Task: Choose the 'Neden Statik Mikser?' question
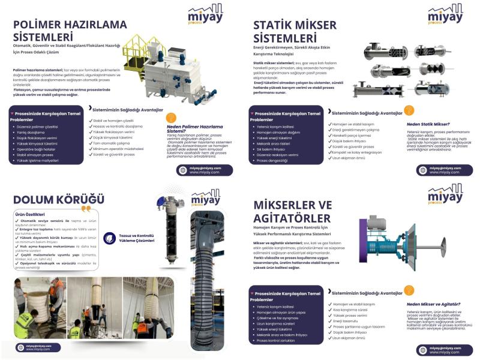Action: coord(430,125)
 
